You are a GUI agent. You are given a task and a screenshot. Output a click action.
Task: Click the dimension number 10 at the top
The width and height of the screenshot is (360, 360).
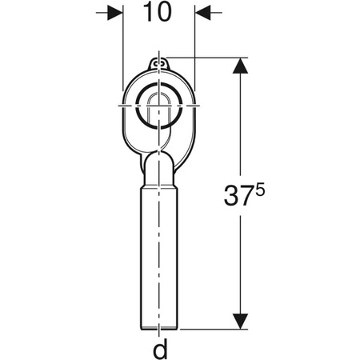[157, 12]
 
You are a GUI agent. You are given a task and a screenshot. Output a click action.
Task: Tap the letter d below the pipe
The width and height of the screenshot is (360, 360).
[160, 348]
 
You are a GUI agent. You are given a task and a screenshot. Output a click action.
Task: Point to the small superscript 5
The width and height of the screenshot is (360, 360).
[259, 191]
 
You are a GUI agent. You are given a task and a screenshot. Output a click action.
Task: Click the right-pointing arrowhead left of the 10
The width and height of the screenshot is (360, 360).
[115, 12]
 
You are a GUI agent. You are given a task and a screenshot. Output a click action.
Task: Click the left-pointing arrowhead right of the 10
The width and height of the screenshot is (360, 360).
[203, 12]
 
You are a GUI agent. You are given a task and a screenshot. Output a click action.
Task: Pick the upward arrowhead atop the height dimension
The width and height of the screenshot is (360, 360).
[240, 66]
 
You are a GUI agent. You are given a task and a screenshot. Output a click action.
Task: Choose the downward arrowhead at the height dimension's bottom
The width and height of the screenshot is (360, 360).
[240, 321]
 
